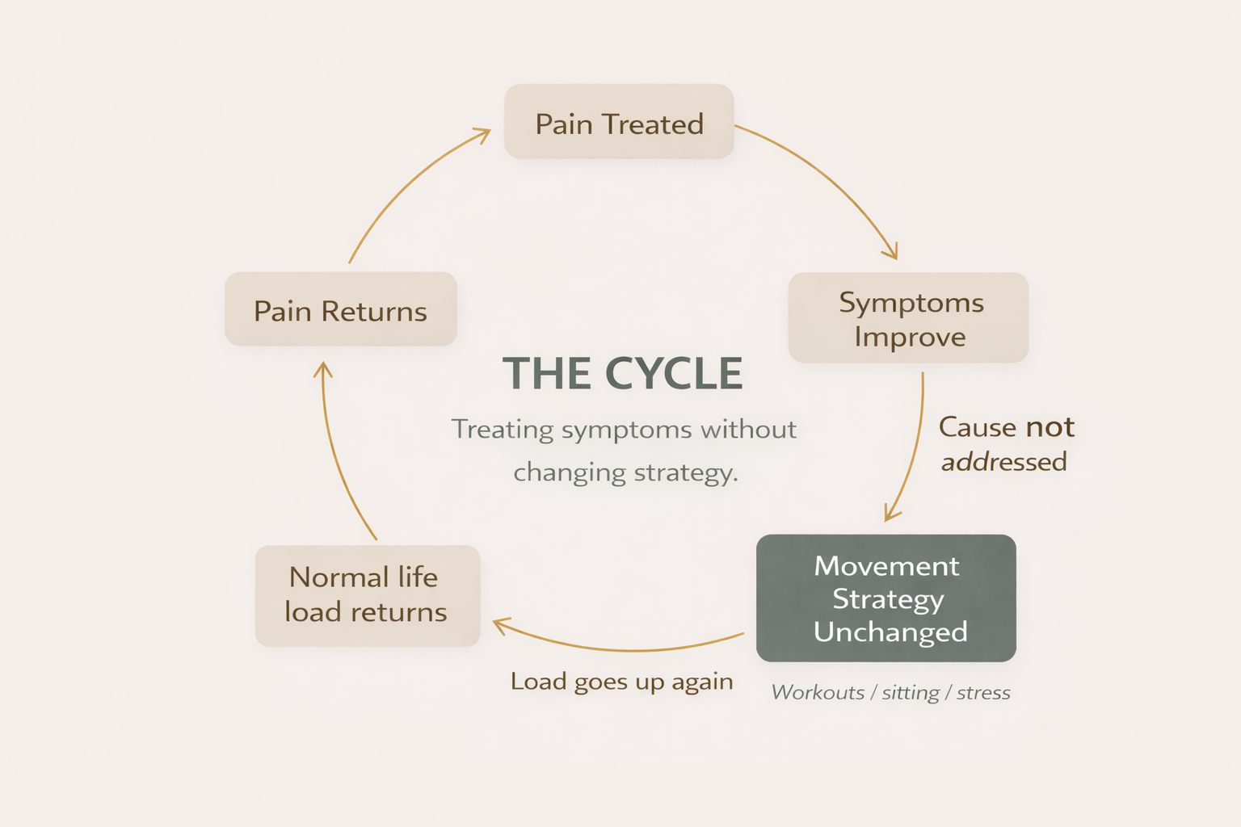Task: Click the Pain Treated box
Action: tap(619, 122)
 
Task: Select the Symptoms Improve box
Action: tap(908, 318)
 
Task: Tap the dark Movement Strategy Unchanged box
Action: tap(886, 598)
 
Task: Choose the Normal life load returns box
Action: tap(368, 595)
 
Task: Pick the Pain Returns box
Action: tap(340, 309)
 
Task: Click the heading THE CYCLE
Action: tap(622, 374)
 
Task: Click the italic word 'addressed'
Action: tap(1003, 462)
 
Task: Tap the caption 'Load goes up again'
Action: tap(621, 682)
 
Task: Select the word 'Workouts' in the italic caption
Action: tap(818, 693)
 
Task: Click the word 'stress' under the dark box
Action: tap(983, 693)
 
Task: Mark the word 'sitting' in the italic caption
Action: tap(911, 693)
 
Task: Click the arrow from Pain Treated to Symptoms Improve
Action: tap(832, 178)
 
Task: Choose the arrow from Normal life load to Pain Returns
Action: tap(335, 452)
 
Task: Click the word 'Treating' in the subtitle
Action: tap(503, 429)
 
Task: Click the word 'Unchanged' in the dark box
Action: tap(890, 632)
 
